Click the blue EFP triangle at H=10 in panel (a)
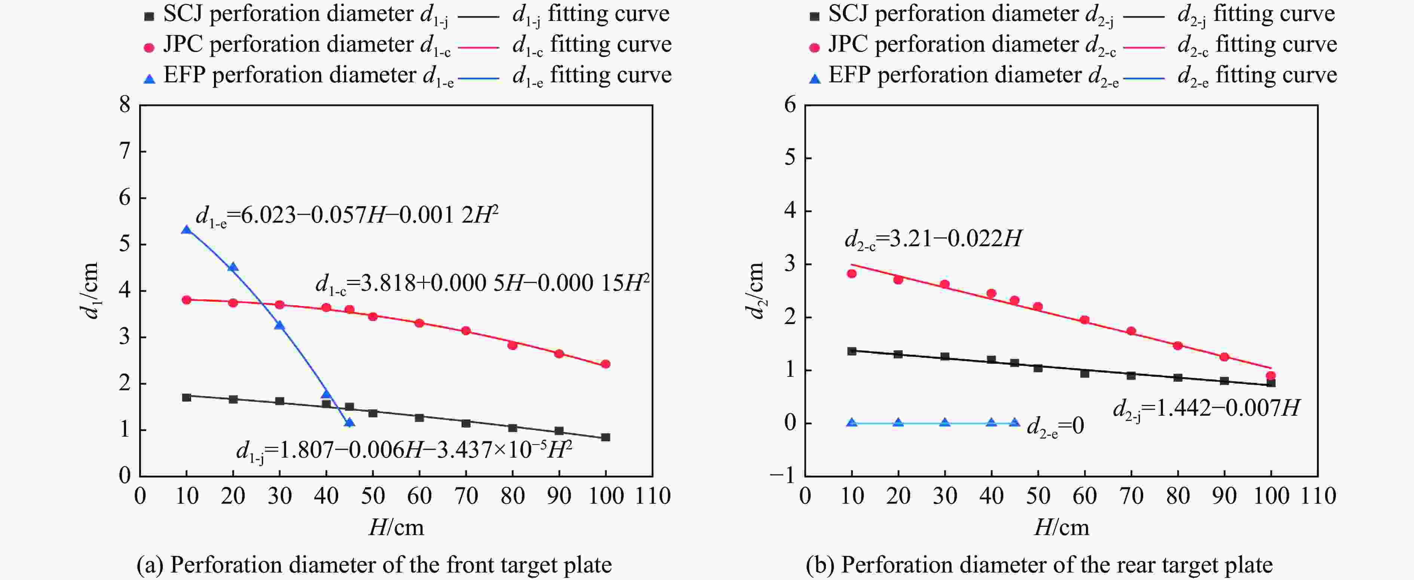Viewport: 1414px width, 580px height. (187, 230)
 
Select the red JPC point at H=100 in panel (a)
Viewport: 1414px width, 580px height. (606, 364)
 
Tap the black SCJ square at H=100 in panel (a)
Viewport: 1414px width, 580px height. (606, 437)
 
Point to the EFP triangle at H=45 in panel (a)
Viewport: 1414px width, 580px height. (349, 422)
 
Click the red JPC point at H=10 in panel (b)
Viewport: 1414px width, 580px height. (851, 274)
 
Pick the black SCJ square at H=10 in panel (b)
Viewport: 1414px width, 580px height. (851, 351)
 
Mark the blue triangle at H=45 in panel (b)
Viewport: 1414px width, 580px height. (1014, 423)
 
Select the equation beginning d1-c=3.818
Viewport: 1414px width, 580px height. (482, 283)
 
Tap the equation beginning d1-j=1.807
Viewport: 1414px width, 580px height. (404, 451)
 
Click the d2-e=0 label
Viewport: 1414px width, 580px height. (1055, 426)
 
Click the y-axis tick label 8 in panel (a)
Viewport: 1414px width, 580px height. (125, 104)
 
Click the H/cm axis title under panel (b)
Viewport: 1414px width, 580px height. (1061, 528)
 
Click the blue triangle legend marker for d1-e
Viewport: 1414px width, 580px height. (149, 79)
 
